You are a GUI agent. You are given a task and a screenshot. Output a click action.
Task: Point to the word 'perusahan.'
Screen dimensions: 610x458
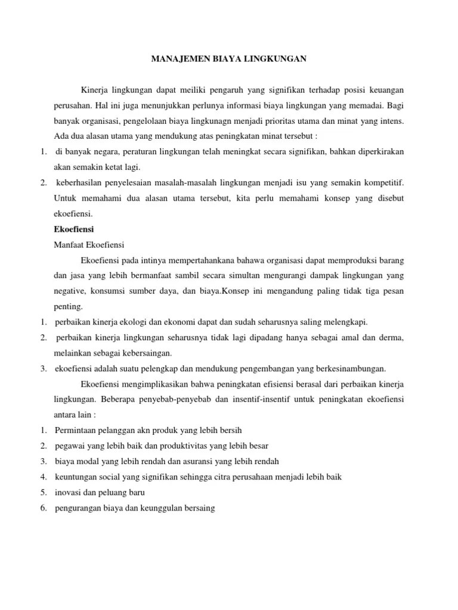click(x=73, y=106)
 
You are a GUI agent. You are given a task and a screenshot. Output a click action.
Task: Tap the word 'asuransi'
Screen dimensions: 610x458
click(x=198, y=461)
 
